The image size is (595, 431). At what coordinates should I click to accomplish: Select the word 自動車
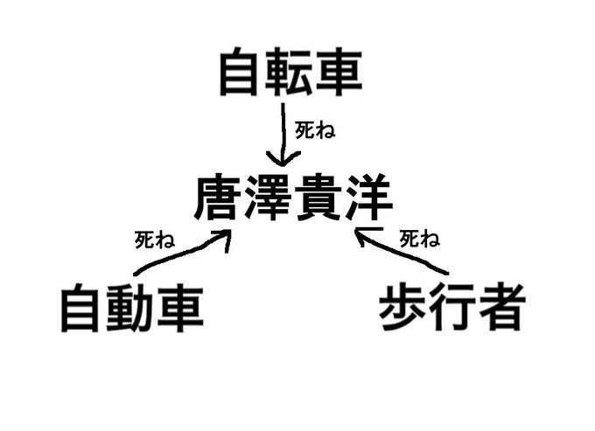(132, 308)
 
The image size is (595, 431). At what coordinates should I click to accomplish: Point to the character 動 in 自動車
(132, 308)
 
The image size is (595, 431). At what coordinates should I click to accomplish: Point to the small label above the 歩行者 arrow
(419, 238)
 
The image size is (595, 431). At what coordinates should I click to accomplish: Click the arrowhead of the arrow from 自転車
(280, 161)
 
